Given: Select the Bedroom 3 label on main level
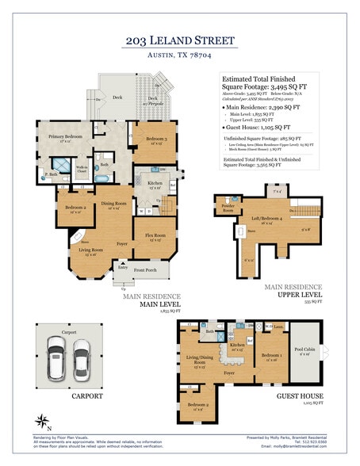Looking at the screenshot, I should pyautogui.click(x=155, y=140).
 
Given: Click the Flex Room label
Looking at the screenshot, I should pyautogui.click(x=155, y=236).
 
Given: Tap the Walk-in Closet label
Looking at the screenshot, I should pyautogui.click(x=81, y=170).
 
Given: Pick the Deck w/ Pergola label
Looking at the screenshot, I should pyautogui.click(x=151, y=100).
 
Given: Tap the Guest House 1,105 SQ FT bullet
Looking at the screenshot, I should pyautogui.click(x=259, y=126).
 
